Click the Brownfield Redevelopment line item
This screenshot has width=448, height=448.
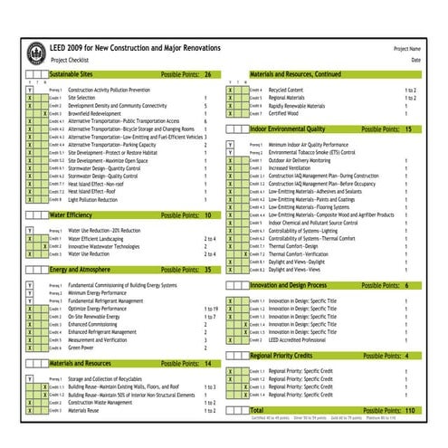102,113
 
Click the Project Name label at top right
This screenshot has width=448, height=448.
406,48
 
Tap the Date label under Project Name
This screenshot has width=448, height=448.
416,60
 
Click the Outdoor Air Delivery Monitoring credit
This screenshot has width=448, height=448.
307,159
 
